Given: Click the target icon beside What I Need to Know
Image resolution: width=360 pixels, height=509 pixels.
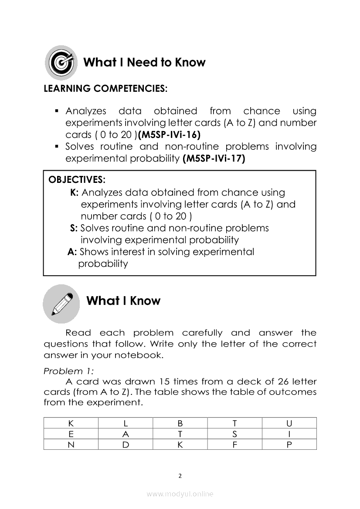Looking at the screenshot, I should tap(61, 63).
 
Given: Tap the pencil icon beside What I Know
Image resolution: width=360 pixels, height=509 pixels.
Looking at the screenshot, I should tap(61, 303).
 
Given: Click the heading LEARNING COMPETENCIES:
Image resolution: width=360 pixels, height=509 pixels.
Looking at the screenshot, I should tap(105, 89).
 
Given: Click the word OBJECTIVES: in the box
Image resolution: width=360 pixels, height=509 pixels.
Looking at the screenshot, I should tap(77, 180).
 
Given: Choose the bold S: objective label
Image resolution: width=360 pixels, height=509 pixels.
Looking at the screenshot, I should tap(74, 228).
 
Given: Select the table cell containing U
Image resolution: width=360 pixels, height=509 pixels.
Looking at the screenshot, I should tap(289, 423).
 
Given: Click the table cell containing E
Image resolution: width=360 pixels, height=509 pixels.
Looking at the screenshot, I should tap(71, 434).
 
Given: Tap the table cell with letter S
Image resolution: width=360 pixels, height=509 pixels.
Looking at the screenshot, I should tap(234, 434).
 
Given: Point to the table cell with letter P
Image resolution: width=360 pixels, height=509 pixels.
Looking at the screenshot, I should tap(289, 445).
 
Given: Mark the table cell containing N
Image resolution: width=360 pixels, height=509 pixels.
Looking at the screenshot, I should tap(71, 445).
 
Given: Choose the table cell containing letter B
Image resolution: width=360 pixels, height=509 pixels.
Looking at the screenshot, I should tap(180, 423).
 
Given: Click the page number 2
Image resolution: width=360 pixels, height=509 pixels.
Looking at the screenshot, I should tap(180, 475).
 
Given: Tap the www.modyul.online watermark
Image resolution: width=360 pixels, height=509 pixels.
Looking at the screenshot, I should tap(180, 494).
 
